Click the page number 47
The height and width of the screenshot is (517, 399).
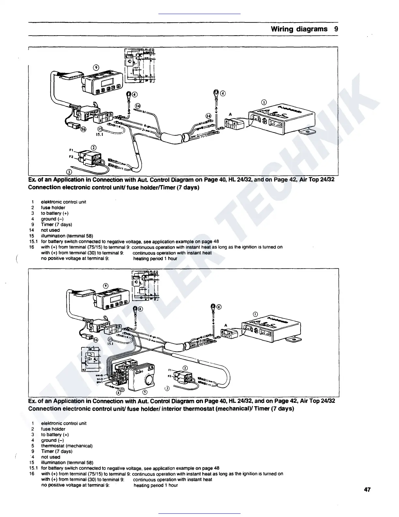(x=367, y=490)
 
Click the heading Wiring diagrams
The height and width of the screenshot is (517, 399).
(x=299, y=29)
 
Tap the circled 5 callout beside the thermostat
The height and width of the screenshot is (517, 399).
(x=145, y=392)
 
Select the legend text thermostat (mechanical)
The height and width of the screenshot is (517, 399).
(x=67, y=446)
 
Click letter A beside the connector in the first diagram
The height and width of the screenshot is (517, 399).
(x=230, y=114)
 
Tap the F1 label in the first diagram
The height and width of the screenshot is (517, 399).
(x=71, y=150)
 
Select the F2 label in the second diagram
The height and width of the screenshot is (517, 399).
(x=170, y=376)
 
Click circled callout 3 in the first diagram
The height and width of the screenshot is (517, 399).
(x=69, y=172)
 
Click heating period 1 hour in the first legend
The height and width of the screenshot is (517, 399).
(x=155, y=258)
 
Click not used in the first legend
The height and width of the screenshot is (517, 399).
(x=50, y=230)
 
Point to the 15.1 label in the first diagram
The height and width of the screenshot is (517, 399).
(x=99, y=134)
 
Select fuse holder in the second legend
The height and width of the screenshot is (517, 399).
(x=53, y=429)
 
